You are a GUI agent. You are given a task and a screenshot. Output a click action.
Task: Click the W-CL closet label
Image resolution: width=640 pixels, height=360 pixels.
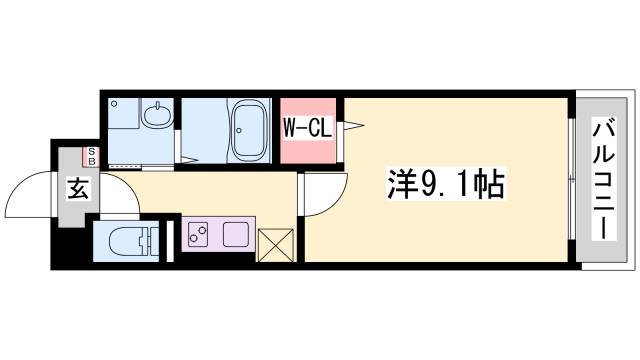pos(308,128)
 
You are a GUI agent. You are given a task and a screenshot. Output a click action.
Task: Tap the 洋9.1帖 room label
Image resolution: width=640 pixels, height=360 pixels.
pos(444,184)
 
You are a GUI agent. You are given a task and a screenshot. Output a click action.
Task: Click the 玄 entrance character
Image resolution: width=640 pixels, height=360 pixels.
pos(76,186)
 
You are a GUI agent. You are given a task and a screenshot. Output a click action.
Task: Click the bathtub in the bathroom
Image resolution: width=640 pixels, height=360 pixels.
pos(248,130)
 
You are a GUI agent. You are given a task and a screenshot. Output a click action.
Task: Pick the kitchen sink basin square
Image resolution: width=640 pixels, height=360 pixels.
pos(236,234)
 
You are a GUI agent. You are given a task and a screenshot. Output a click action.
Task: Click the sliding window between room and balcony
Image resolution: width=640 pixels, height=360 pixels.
pos(571,180)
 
